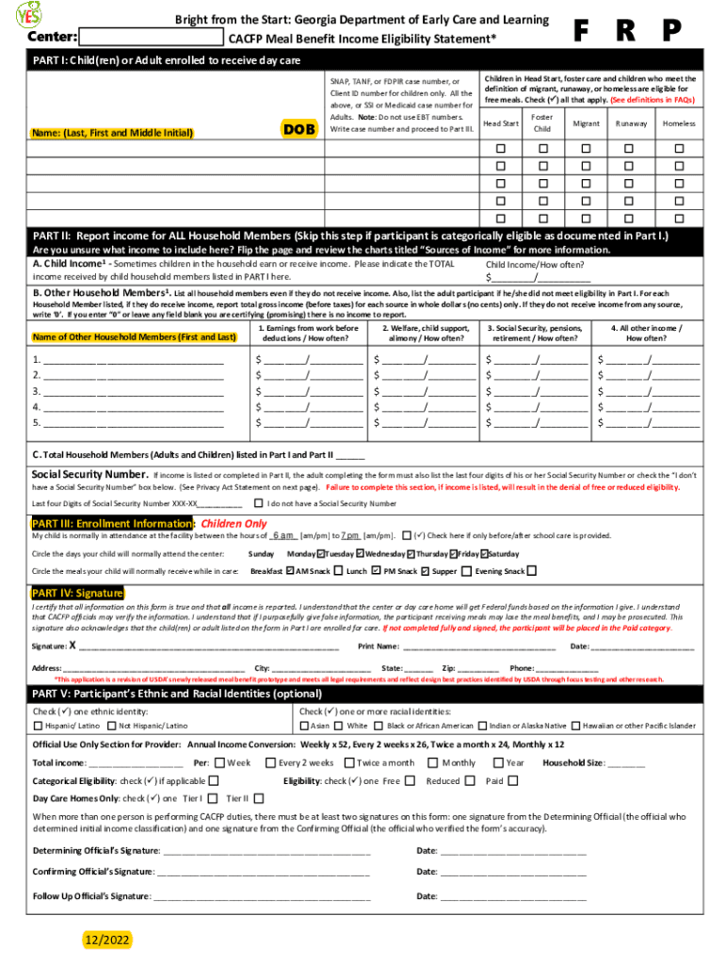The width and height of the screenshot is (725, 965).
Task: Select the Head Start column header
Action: [501, 123]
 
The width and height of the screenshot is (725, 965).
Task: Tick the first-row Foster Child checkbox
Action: [542, 149]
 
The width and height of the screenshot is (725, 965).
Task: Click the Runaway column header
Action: [631, 123]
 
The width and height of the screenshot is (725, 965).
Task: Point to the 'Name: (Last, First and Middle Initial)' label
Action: [113, 133]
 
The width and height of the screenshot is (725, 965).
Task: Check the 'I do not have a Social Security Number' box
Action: [259, 503]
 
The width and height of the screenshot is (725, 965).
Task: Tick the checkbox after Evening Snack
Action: [532, 570]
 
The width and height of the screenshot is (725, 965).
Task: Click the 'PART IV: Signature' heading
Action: [77, 593]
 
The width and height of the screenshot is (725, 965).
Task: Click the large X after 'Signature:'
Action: [72, 646]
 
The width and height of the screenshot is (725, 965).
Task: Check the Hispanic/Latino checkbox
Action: [38, 726]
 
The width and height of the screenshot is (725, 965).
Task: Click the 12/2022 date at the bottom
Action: [105, 940]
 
